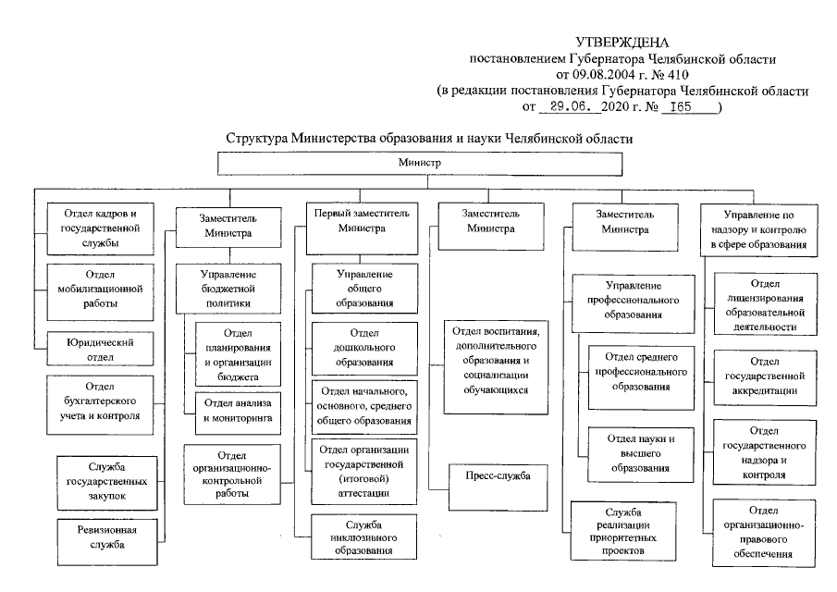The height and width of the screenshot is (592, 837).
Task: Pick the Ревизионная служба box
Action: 101,536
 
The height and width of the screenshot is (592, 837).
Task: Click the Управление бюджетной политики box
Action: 228,290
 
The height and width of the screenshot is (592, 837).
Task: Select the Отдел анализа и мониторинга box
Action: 234,411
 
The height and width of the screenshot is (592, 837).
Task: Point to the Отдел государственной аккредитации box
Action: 766,376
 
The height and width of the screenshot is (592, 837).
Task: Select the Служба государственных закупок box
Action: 101,482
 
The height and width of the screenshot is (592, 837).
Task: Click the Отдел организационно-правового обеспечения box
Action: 766,532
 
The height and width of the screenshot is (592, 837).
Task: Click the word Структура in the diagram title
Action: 256,139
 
